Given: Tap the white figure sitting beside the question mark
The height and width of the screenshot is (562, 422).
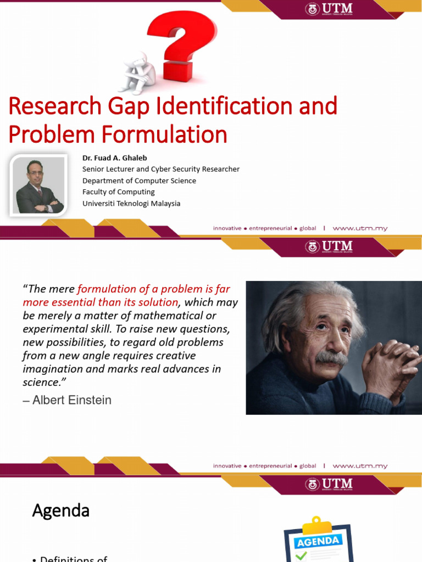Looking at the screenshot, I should (x=137, y=74).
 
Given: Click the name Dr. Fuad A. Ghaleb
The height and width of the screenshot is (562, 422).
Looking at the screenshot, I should (x=115, y=158).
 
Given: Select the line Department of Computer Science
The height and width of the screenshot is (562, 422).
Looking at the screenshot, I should (x=139, y=181).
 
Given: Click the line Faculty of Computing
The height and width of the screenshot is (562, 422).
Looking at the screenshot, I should (x=119, y=192).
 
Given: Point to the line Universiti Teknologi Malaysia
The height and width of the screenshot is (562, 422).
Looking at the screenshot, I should (x=131, y=204).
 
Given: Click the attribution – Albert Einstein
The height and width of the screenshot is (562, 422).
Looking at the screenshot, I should (x=67, y=400).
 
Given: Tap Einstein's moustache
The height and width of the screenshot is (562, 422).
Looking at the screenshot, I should (x=332, y=358).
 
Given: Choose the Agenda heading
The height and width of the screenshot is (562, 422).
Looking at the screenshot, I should (x=61, y=511).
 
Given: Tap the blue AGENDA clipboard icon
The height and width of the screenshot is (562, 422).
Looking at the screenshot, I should (x=318, y=541).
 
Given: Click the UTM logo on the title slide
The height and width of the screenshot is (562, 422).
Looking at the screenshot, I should (x=329, y=9).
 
